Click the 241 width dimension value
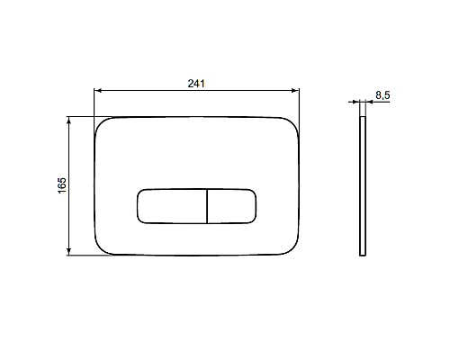tap(197, 83)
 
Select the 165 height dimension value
tap(60, 185)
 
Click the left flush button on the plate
tap(172, 207)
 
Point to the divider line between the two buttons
tap(207, 207)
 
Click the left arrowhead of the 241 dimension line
tap(98, 91)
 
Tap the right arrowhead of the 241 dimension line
tap(295, 91)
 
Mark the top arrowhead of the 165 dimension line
tap(70, 119)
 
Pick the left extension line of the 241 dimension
tap(94, 103)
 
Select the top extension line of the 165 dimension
tap(81, 116)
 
